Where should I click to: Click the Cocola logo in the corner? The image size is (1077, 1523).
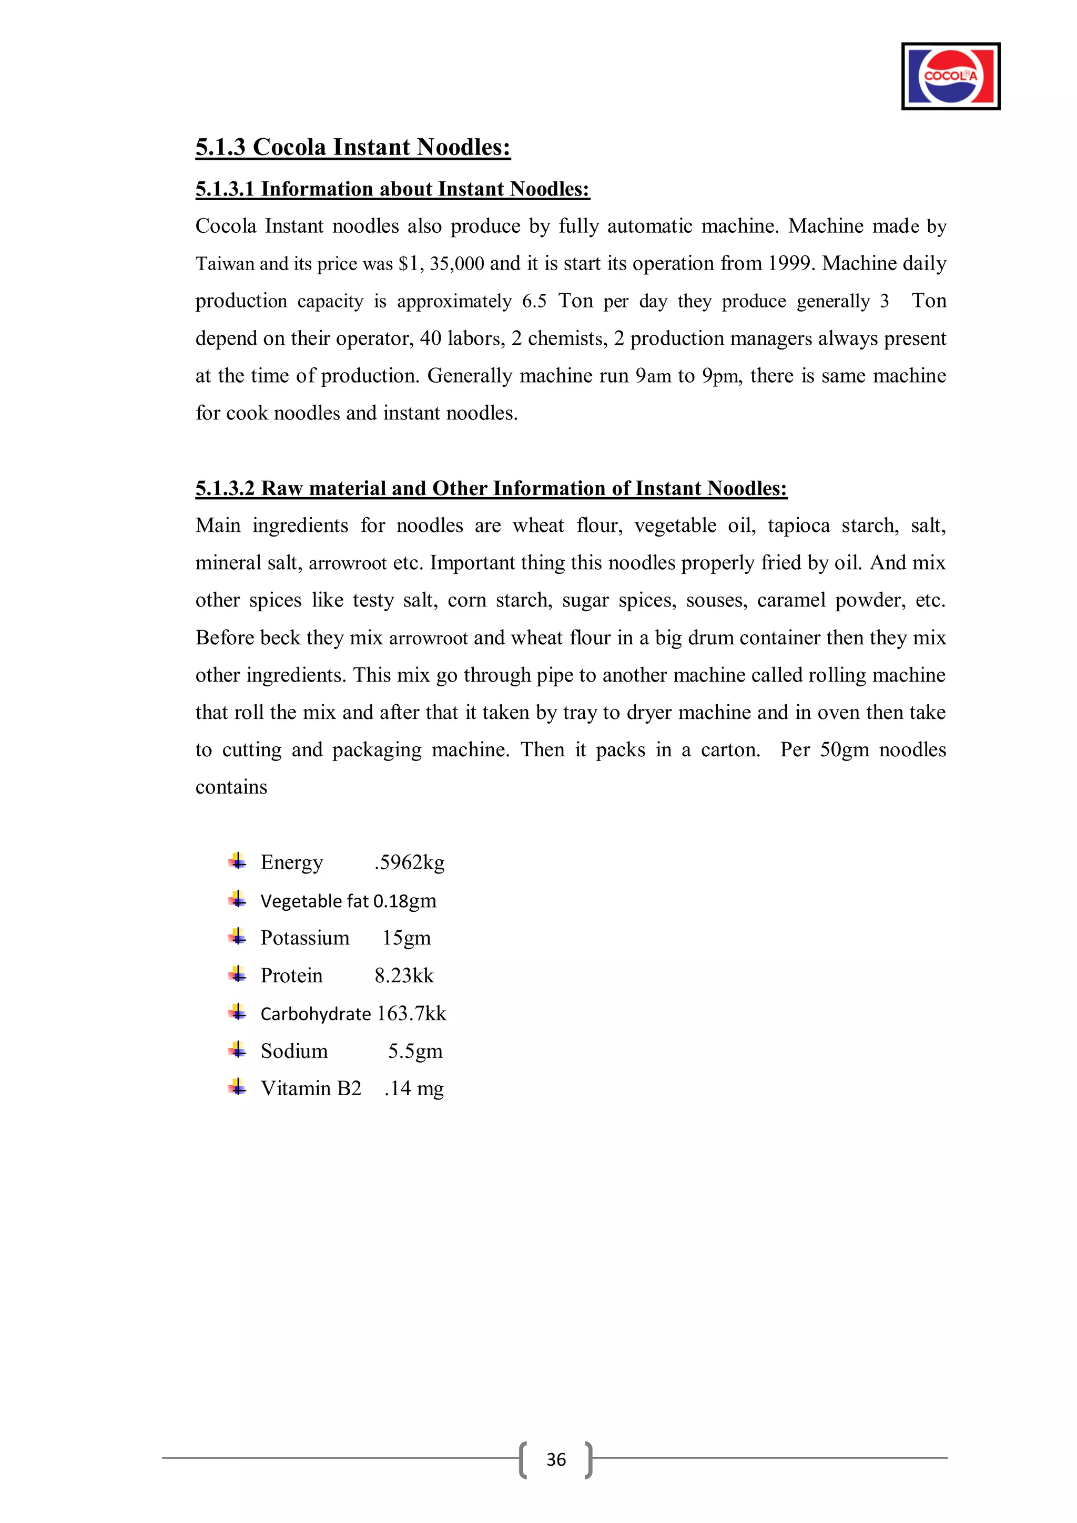950,76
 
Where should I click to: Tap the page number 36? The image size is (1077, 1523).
555,1459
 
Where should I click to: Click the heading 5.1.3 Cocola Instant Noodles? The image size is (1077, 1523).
352,147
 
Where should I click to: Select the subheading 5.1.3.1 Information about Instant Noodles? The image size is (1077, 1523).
392,189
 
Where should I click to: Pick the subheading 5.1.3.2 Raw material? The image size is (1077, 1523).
491,488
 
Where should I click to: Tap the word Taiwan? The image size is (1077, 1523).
225,264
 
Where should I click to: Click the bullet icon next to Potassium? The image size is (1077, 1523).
237,937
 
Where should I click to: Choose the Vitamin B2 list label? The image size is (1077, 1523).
311,1088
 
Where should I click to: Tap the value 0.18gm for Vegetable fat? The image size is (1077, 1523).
405,901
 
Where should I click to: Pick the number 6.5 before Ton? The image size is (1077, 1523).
534,301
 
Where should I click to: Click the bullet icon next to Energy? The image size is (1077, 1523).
237,862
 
